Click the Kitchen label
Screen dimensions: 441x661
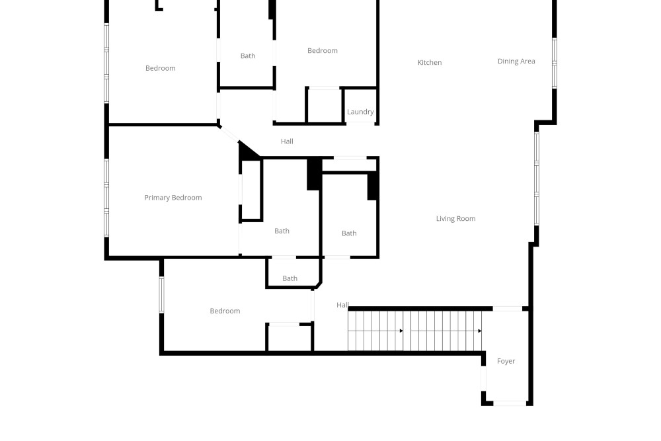pyautogui.click(x=430, y=63)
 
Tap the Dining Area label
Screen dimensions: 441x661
pyautogui.click(x=516, y=61)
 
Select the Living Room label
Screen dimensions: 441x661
pyautogui.click(x=455, y=219)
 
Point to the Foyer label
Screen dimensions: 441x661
pyautogui.click(x=506, y=362)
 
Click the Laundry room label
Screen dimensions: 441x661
pyautogui.click(x=360, y=112)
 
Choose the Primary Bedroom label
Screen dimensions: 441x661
pyautogui.click(x=173, y=198)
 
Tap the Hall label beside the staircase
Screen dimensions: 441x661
pyautogui.click(x=342, y=305)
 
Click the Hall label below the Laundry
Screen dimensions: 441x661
pyautogui.click(x=287, y=141)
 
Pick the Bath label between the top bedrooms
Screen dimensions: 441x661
pyautogui.click(x=248, y=56)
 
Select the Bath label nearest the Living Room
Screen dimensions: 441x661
pyautogui.click(x=349, y=233)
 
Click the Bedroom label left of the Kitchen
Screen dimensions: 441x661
pyautogui.click(x=323, y=51)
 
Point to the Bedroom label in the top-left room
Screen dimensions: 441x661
pyautogui.click(x=161, y=68)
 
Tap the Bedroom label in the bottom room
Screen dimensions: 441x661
pyautogui.click(x=225, y=311)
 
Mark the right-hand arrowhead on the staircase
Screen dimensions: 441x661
pyautogui.click(x=480, y=331)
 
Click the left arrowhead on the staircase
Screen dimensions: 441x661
pyautogui.click(x=401, y=331)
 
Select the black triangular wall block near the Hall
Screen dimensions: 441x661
pyautogui.click(x=247, y=151)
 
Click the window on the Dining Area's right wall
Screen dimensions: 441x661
pyautogui.click(x=555, y=63)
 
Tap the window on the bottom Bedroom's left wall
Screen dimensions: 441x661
pyautogui.click(x=161, y=295)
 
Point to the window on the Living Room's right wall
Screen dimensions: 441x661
pyautogui.click(x=537, y=179)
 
